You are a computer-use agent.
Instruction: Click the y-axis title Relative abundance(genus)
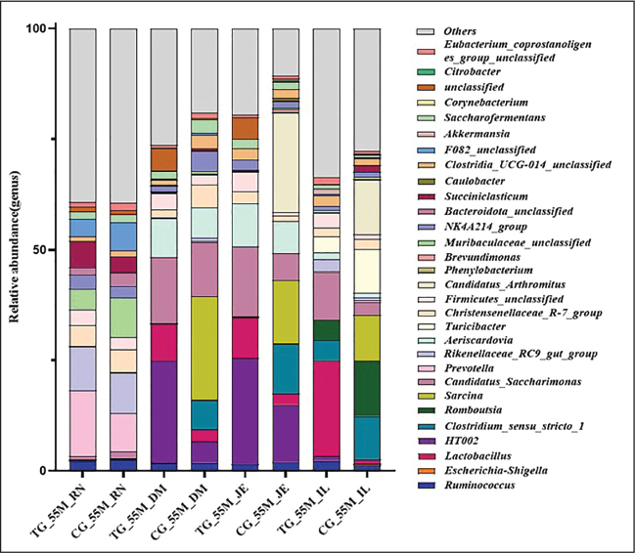pos(21,250)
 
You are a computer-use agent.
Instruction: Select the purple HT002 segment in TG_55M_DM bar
pos(164,410)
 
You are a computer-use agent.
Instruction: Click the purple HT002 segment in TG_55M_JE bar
pos(245,410)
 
